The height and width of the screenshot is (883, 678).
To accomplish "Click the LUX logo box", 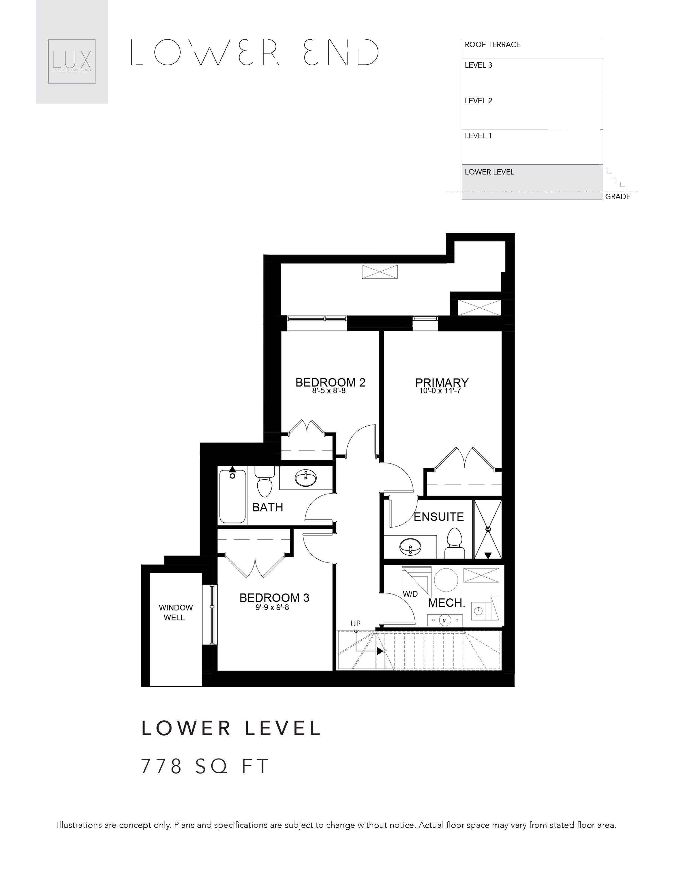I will [71, 61].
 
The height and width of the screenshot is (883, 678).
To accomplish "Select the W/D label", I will [410, 594].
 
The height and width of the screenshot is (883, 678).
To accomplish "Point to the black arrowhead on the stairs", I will [380, 651].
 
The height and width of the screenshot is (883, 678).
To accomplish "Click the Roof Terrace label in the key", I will [492, 45].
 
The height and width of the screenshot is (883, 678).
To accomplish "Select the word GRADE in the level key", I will [618, 197].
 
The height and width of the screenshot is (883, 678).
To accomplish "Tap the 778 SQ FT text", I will [205, 766].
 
